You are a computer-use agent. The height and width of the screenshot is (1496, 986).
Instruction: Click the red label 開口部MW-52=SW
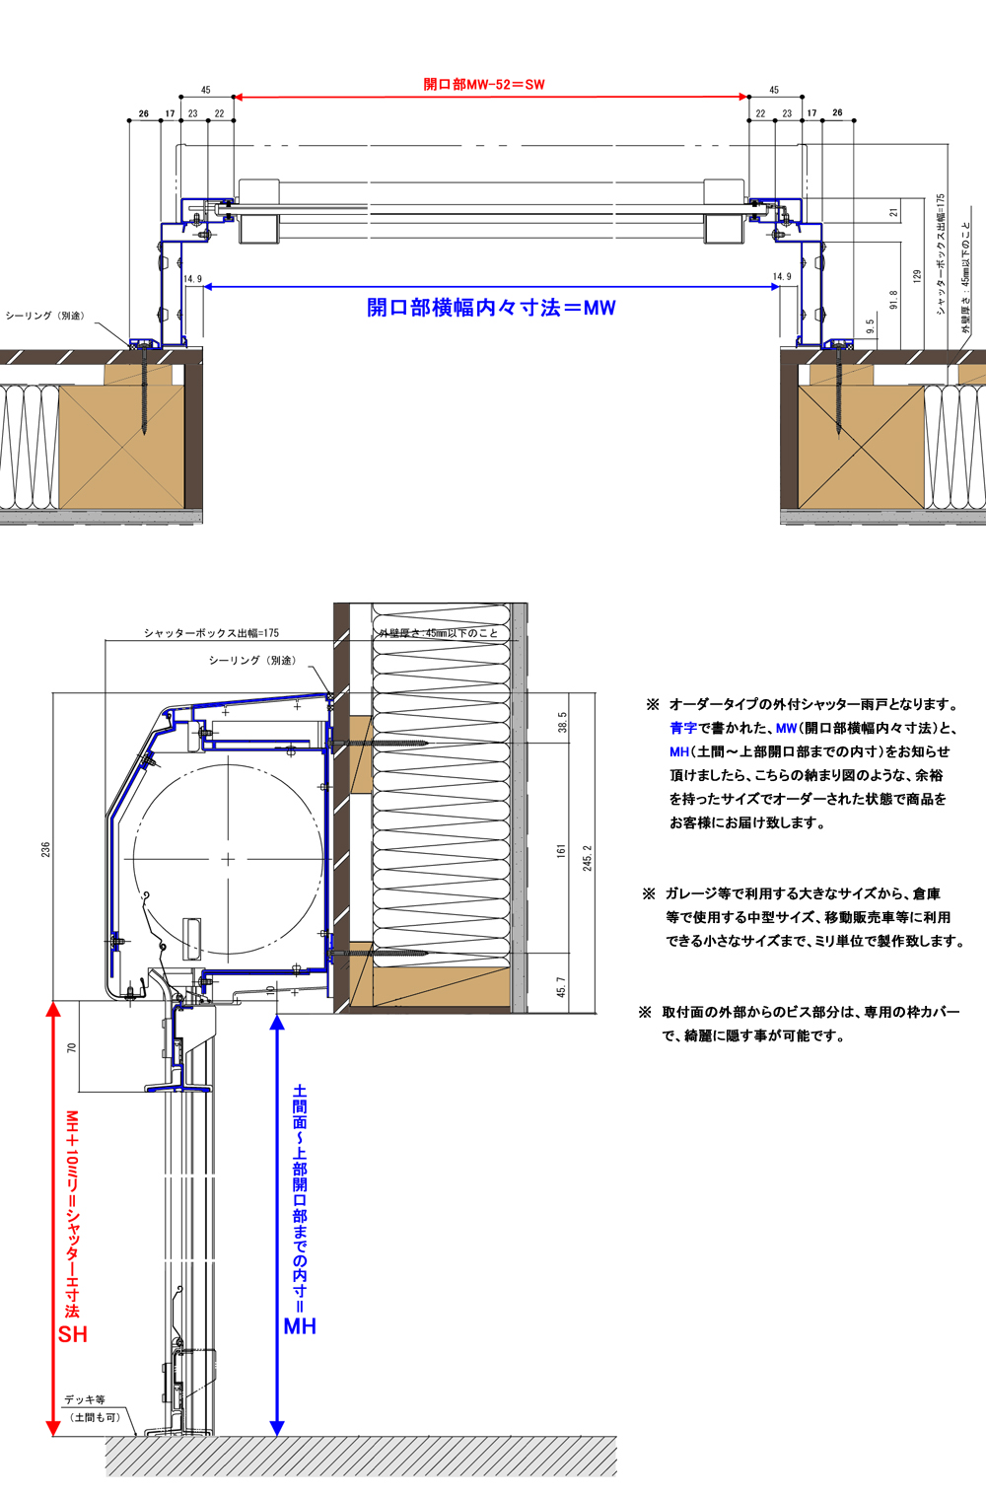484,85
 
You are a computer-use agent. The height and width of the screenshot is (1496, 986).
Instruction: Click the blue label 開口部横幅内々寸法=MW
491,308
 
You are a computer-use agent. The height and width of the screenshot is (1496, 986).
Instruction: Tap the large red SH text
72,1334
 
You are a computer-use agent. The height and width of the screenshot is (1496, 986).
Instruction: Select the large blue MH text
300,1326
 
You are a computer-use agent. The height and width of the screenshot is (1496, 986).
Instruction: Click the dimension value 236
45,849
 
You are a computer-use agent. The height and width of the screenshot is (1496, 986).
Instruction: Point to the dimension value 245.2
588,857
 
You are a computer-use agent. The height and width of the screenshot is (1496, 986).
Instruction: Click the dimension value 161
561,849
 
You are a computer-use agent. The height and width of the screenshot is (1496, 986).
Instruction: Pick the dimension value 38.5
562,722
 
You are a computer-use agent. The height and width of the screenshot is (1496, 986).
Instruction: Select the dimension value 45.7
561,987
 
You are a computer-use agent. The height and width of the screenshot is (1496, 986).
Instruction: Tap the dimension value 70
71,1048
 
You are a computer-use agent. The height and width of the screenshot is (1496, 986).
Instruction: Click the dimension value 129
917,276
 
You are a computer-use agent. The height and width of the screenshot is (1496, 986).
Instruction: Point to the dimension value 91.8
894,300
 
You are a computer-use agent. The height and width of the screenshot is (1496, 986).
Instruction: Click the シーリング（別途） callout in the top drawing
45,316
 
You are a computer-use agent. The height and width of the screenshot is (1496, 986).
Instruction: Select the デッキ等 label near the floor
85,1399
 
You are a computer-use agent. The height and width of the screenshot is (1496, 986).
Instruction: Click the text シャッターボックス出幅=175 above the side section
211,633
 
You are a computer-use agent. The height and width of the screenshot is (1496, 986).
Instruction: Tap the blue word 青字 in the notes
682,728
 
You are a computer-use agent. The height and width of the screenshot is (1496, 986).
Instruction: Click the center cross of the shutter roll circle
228,859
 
